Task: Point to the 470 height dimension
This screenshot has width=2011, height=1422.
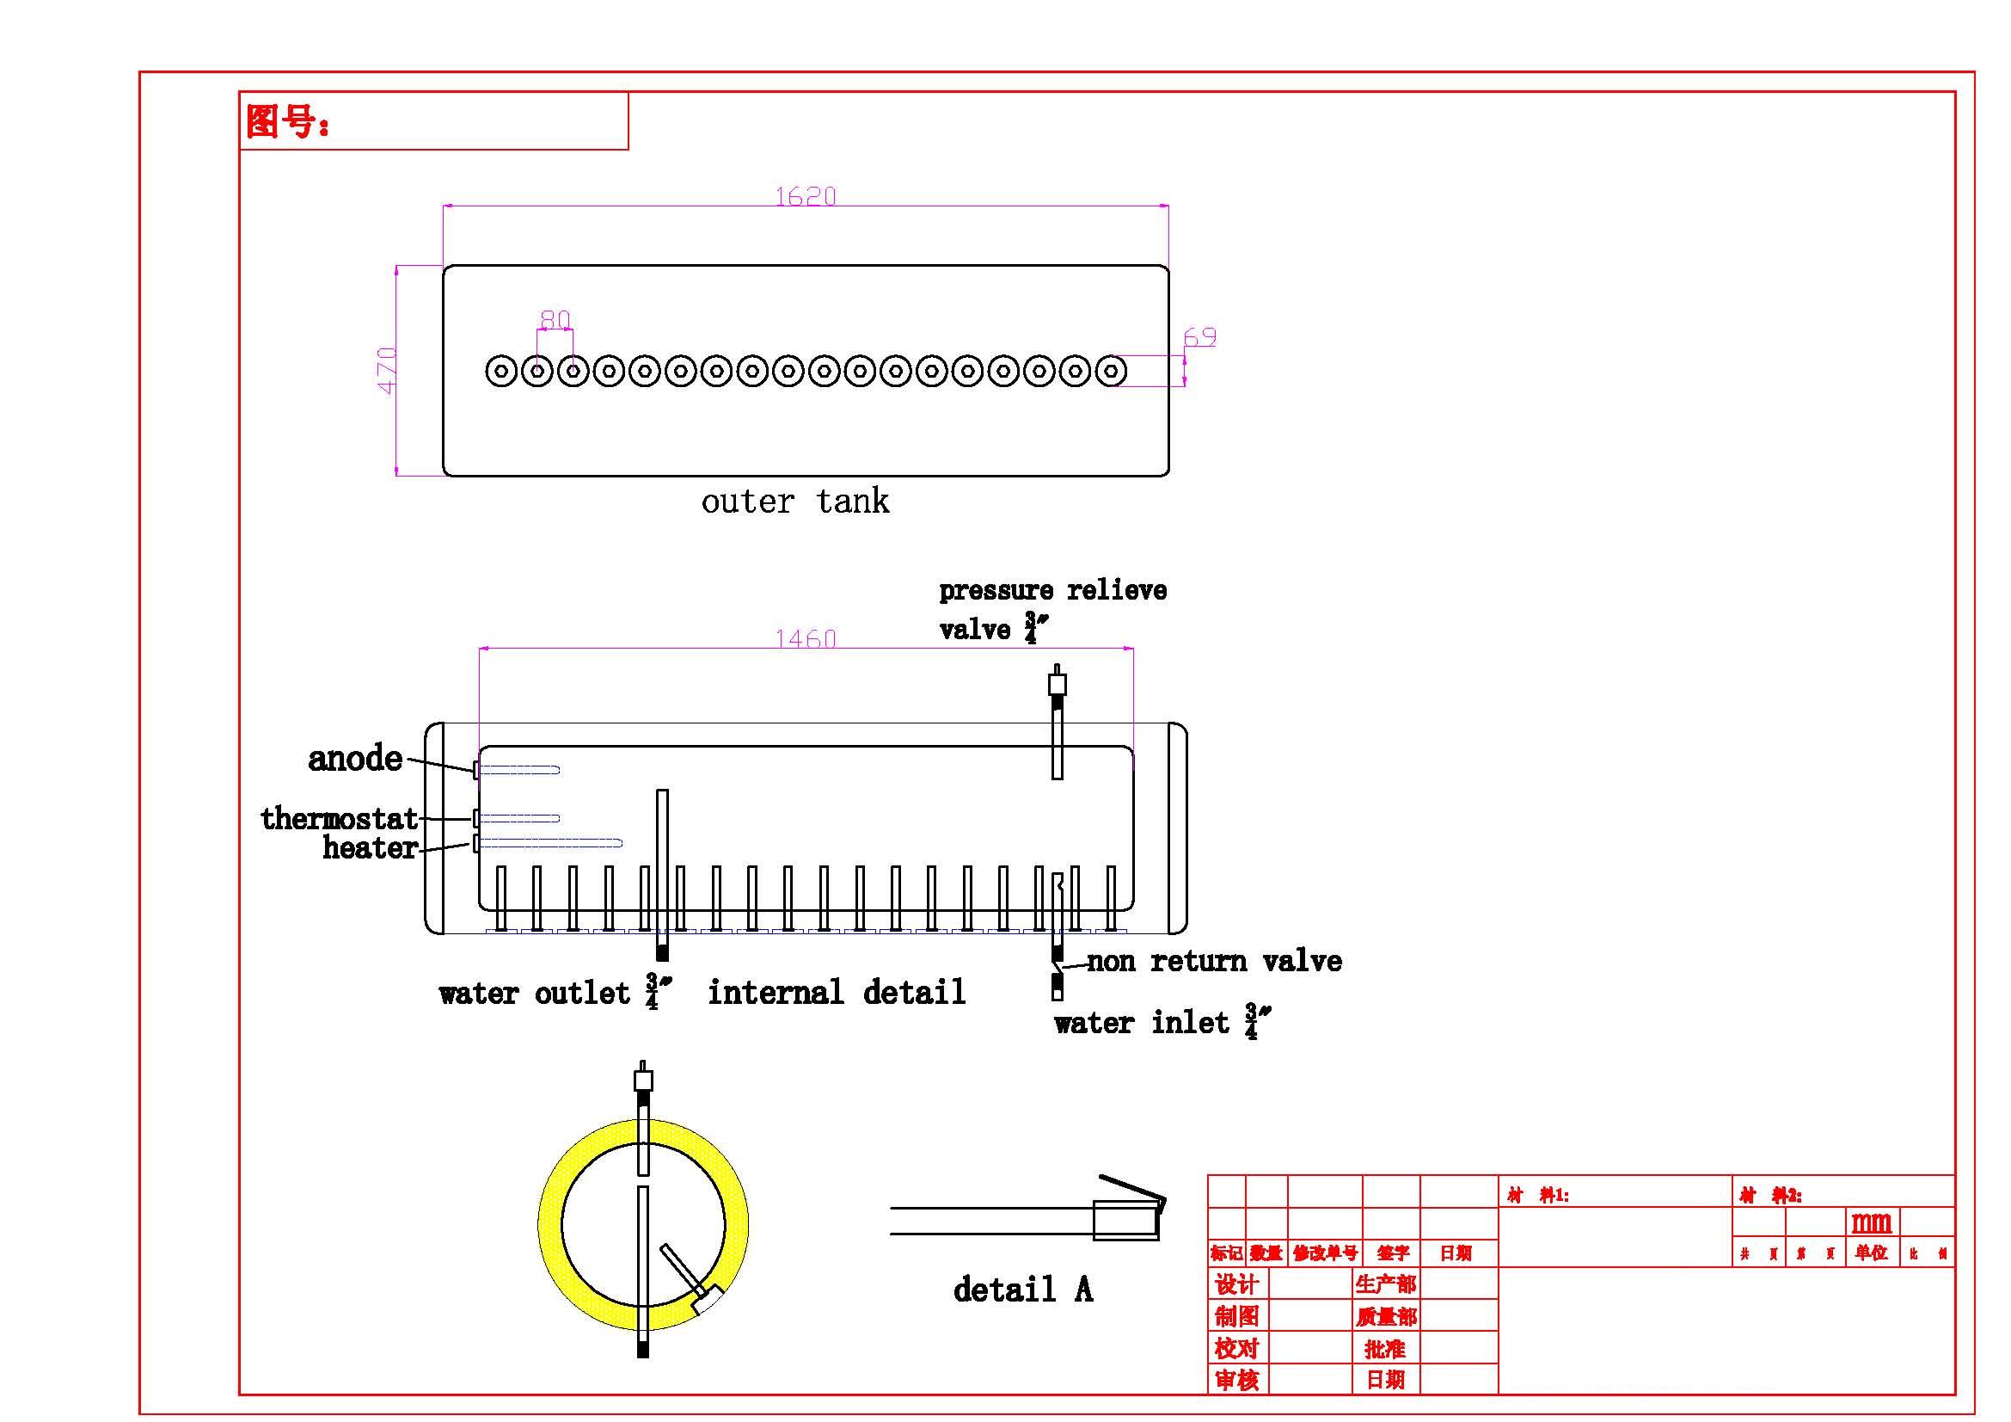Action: pos(386,371)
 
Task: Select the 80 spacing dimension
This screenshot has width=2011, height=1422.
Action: pos(555,319)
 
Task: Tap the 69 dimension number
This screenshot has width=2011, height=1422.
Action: pos(1199,337)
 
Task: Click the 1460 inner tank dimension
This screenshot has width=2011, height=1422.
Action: pos(805,638)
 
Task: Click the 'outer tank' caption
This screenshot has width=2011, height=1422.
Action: pos(794,502)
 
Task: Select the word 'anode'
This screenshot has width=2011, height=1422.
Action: pos(355,759)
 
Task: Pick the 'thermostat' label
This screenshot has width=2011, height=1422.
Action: pos(339,818)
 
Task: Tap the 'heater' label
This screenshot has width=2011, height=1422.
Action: pos(369,847)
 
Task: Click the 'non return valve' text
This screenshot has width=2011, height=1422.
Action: pos(1214,961)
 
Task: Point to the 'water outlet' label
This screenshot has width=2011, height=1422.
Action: pos(534,993)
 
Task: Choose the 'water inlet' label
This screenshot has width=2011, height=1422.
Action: pos(1141,1023)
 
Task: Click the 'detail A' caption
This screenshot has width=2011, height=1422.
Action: pos(1022,1289)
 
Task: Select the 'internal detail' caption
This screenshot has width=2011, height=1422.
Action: pos(837,992)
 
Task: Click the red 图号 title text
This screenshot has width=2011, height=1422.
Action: pos(286,122)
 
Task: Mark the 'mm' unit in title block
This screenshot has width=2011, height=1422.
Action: pos(1871,1222)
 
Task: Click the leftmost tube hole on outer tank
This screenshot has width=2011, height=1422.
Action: pos(501,372)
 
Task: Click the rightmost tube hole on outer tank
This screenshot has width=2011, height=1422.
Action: pos(1111,372)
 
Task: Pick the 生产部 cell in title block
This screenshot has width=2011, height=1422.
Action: pos(1385,1284)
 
